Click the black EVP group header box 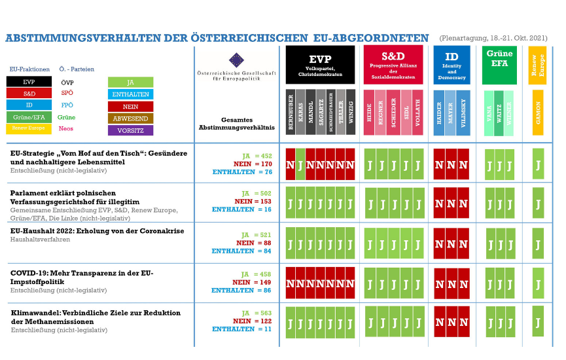point(320,65)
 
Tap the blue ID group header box point(451,65)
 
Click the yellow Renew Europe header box point(537,65)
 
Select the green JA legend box point(131,82)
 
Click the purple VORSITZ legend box point(131,130)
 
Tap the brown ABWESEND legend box point(131,118)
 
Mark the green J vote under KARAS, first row point(300,165)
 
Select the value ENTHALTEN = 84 point(233,251)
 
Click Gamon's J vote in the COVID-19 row point(538,283)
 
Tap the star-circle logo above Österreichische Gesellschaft point(236,61)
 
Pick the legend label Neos point(66,129)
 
